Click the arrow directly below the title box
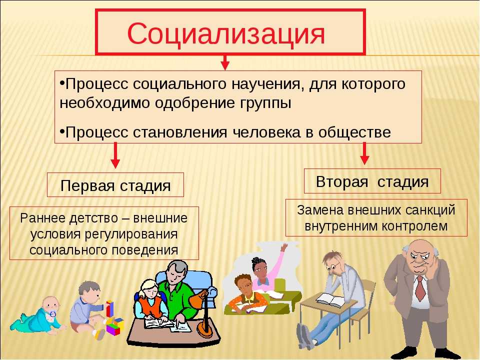pos(225,62)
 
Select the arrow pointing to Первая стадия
pos(115,155)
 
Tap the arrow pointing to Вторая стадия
pos(364,153)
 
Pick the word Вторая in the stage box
pos(341,182)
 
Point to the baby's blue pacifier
pos(52,314)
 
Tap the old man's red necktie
pos(420,288)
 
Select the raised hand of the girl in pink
pos(285,247)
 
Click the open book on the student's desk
pos(331,299)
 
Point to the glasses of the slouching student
pos(332,267)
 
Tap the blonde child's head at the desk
pos(148,288)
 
